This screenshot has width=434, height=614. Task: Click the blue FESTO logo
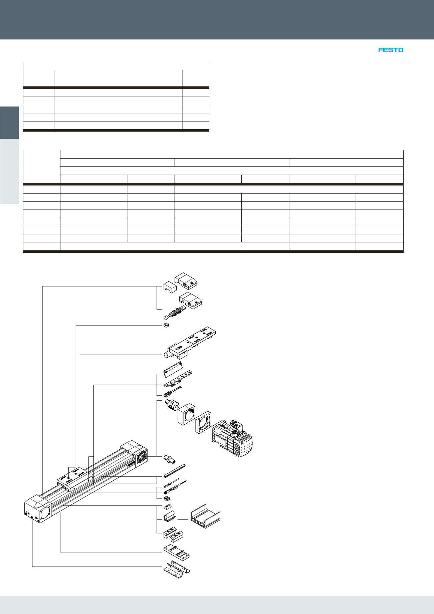point(391,50)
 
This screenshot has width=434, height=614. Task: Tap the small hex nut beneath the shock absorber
point(166,325)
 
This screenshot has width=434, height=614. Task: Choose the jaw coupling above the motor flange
point(172,405)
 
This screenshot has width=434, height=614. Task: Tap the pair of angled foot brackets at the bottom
point(177,570)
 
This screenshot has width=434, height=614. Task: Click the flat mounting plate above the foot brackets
point(176,553)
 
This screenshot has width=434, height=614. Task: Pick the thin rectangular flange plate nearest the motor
point(203,422)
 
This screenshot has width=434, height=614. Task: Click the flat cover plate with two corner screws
point(173,369)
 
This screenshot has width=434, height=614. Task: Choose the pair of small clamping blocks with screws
point(173,533)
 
